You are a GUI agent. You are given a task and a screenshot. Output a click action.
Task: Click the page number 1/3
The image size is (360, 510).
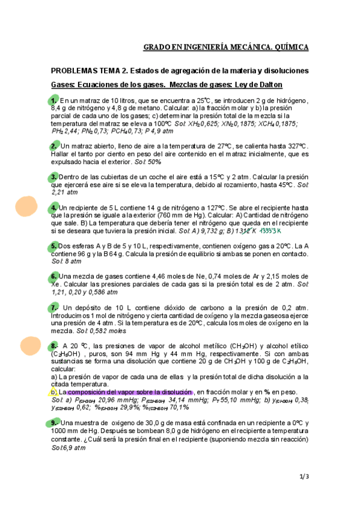pyautogui.click(x=304, y=477)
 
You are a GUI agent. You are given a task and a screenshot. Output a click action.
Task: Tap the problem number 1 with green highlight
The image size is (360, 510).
pyautogui.click(x=54, y=100)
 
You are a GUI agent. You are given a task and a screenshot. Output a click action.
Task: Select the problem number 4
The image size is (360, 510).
pyautogui.click(x=54, y=207)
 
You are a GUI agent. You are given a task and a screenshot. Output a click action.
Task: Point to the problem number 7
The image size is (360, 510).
pyautogui.click(x=54, y=307)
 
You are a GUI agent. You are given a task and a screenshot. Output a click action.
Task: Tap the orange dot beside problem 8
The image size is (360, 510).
pyautogui.click(x=29, y=346)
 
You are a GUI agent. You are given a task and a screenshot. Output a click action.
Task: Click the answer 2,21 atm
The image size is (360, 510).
pyautogui.click(x=64, y=192)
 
